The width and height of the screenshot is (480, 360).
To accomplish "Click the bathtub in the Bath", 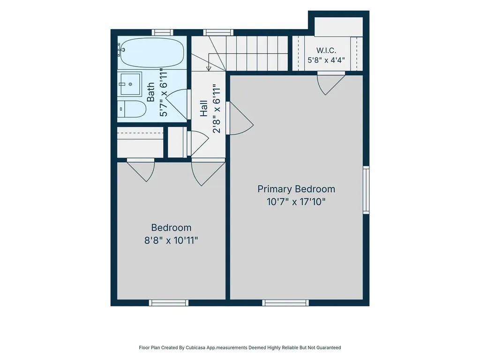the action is pyautogui.click(x=152, y=52).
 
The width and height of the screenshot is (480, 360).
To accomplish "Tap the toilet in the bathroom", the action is pyautogui.click(x=132, y=109).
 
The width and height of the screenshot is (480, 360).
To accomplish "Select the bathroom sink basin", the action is pyautogui.click(x=130, y=84).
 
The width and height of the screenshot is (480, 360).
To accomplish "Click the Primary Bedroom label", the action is pyautogui.click(x=296, y=189).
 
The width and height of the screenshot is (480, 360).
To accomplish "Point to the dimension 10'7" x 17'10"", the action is pyautogui.click(x=296, y=202).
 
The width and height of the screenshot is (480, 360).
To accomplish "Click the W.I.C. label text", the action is pyautogui.click(x=326, y=51).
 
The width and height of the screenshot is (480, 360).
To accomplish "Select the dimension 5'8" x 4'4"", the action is pyautogui.click(x=326, y=60).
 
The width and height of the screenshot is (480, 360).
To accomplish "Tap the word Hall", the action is pyautogui.click(x=204, y=109).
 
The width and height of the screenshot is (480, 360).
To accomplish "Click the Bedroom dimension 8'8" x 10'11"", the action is pyautogui.click(x=171, y=240).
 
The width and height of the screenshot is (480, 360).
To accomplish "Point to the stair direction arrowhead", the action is pyautogui.click(x=209, y=69).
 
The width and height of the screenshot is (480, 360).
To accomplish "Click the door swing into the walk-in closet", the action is pyautogui.click(x=331, y=83).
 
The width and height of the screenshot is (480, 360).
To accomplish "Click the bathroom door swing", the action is pyautogui.click(x=177, y=105).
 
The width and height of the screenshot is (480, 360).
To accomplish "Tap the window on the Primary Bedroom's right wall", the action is pyautogui.click(x=366, y=190).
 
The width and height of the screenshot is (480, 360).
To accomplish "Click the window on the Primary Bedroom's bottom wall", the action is pyautogui.click(x=285, y=303).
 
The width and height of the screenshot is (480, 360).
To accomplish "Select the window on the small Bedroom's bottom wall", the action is pyautogui.click(x=169, y=303).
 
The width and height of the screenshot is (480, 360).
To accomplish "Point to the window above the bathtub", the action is pyautogui.click(x=162, y=32).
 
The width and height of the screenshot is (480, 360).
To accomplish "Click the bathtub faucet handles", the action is pyautogui.click(x=120, y=50).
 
